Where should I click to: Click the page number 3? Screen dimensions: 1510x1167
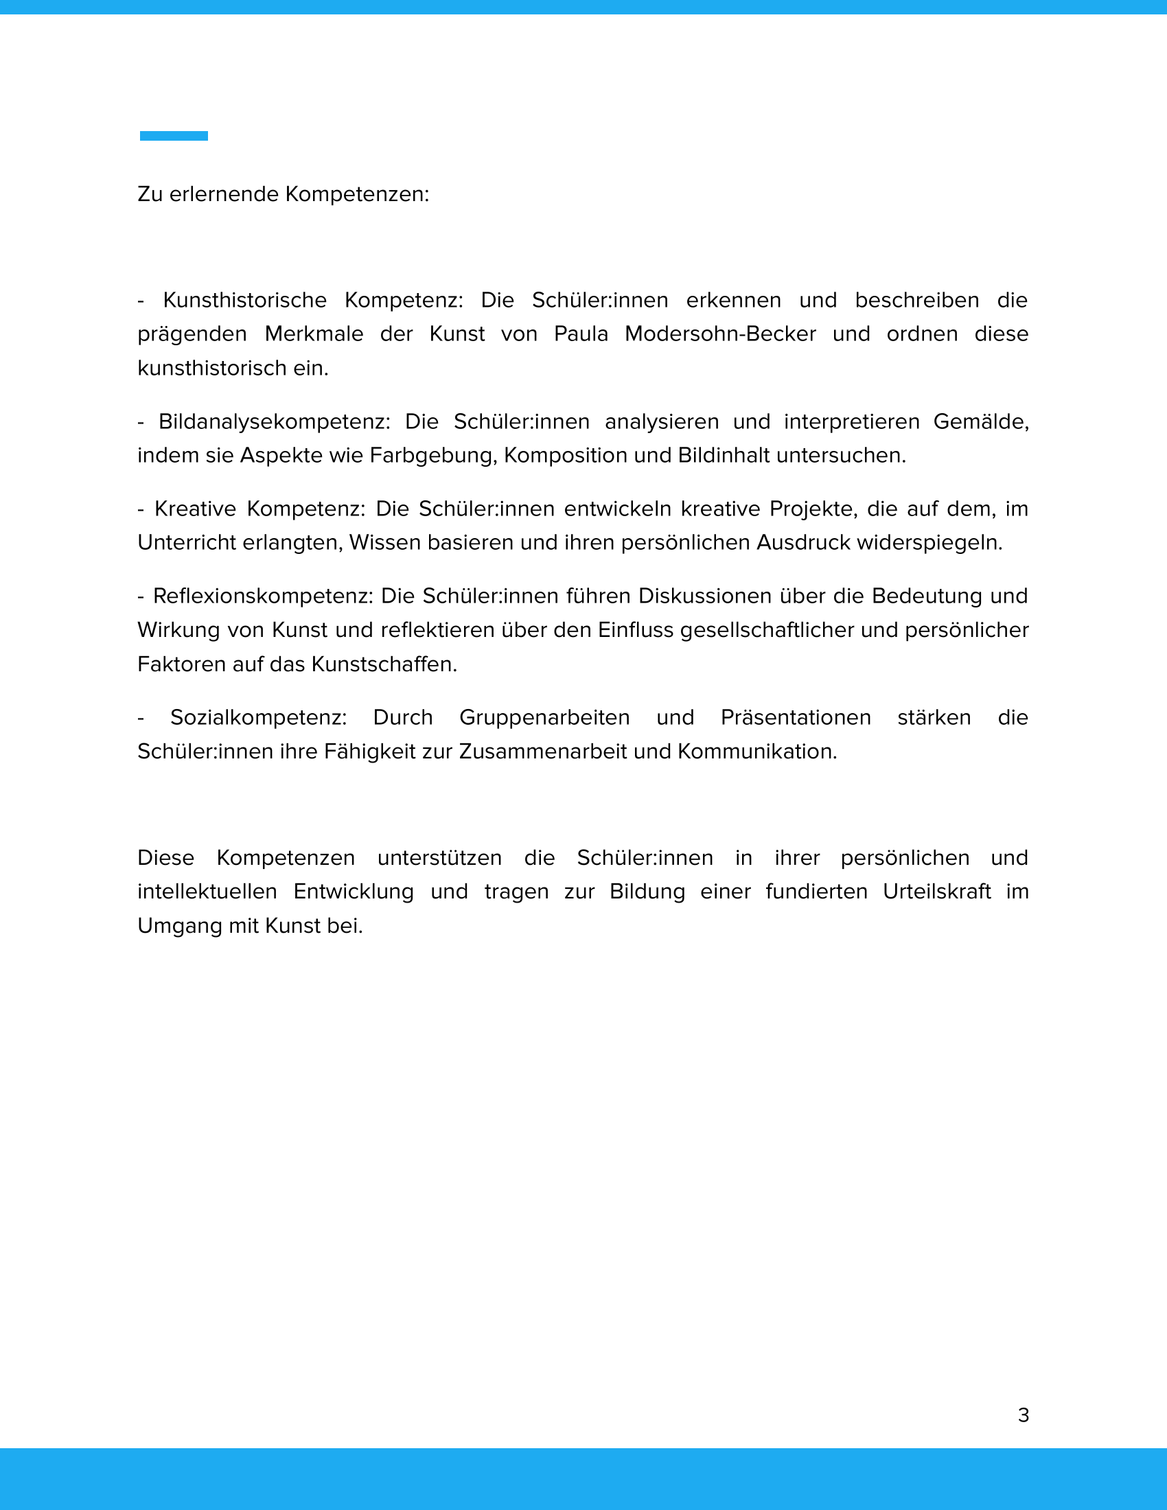coord(1024,1415)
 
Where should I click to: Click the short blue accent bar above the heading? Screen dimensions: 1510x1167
coord(174,136)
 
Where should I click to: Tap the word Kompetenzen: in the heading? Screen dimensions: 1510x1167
coord(357,194)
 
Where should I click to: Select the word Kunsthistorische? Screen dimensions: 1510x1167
coord(245,300)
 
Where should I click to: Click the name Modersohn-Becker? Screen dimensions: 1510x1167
coord(719,334)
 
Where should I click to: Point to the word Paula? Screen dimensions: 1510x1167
coord(581,334)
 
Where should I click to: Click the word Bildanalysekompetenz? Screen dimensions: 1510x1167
coord(275,421)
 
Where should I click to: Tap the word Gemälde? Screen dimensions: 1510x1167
coord(980,421)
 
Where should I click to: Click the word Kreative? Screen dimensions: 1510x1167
coord(195,509)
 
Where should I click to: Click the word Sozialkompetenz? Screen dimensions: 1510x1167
coord(259,718)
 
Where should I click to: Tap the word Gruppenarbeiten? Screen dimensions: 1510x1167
coord(544,718)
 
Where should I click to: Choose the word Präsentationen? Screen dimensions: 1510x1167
coord(795,718)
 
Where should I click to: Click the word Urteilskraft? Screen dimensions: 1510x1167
coord(937,892)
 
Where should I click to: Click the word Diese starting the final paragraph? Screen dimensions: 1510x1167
coord(166,858)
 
